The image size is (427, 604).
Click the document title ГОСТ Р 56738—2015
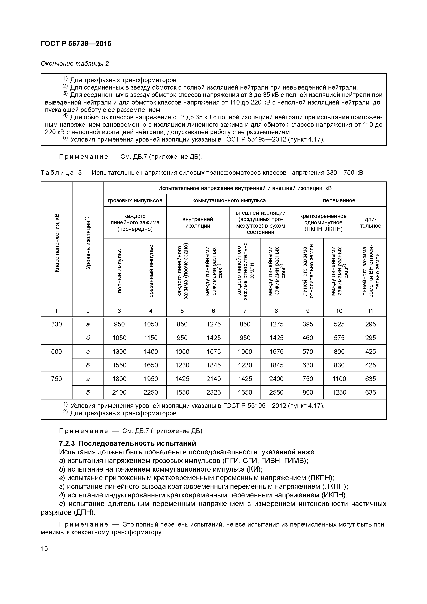tap(76, 44)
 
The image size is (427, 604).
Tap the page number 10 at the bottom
tap(44, 549)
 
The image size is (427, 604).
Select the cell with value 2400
tap(276, 379)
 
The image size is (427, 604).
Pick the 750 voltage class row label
tap(56, 379)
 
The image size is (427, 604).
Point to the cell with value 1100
tap(339, 379)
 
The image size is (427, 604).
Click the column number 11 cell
tap(370, 311)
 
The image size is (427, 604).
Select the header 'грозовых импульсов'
tap(135, 200)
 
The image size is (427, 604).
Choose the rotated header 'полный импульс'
tap(119, 271)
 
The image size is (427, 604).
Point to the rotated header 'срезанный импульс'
tap(151, 271)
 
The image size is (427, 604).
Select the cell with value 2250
tap(151, 393)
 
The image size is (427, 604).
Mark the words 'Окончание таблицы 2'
tap(75, 64)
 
